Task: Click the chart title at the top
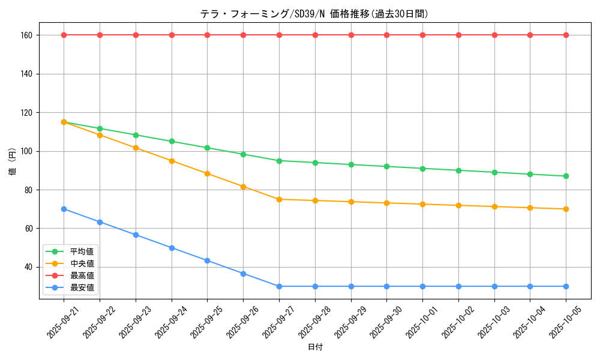[314, 14]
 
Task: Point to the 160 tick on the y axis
[26, 35]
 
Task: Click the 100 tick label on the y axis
[26, 151]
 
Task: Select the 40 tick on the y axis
[28, 267]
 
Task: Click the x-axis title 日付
[315, 347]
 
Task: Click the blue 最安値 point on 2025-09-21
[64, 209]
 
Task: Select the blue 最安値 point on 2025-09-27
[279, 286]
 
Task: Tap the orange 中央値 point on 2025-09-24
[172, 161]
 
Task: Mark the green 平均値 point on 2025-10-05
[566, 176]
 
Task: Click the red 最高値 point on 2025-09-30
[386, 35]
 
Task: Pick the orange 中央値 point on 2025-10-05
[566, 209]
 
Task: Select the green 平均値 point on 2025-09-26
[243, 154]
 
